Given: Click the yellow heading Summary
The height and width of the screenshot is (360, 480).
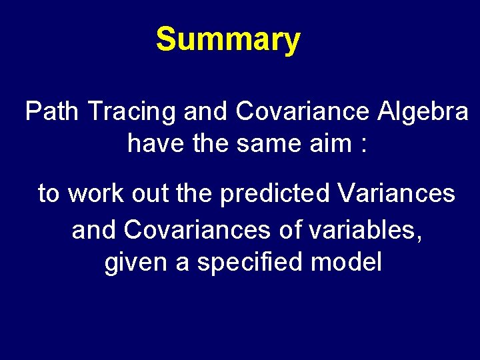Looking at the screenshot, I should pos(228,40).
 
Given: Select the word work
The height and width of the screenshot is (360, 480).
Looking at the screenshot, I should pos(95,193).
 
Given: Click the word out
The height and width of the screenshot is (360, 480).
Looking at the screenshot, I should pos(147,193).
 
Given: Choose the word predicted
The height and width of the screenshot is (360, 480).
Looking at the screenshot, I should pos(275,193).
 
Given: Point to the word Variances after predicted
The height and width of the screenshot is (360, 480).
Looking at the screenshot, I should pos(397,193).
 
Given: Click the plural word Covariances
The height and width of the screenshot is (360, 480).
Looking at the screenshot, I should pos(197,230).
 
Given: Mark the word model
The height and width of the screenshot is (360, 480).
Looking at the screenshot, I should pos(346,262).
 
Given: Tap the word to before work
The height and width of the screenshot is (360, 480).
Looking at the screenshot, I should pos(49,194).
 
